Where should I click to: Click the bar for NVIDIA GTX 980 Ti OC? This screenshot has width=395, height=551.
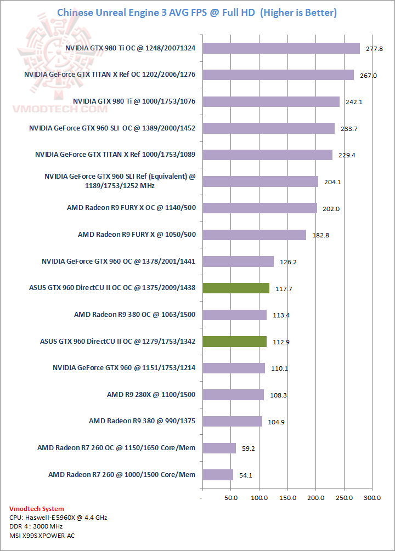(x=281, y=48)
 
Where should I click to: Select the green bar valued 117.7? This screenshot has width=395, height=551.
(x=236, y=288)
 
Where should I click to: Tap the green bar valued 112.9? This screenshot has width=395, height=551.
(x=234, y=341)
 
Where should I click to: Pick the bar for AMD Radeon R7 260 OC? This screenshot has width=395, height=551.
(x=219, y=448)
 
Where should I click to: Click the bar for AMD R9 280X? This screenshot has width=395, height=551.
(x=233, y=394)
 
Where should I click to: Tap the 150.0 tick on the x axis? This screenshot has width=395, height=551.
(x=287, y=497)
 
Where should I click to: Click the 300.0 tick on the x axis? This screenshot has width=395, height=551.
(x=373, y=497)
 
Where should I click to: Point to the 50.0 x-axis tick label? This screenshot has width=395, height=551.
(x=230, y=497)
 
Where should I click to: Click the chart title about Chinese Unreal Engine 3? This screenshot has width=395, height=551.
(x=197, y=12)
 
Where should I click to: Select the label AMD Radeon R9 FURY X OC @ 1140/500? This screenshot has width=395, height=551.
(x=131, y=208)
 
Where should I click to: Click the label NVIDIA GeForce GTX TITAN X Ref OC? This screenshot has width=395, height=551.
(x=110, y=75)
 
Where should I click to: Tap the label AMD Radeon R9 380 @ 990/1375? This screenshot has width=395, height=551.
(x=142, y=421)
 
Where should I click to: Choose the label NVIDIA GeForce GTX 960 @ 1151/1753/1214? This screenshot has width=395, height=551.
(x=124, y=368)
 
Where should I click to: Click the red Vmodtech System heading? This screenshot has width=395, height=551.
(x=37, y=509)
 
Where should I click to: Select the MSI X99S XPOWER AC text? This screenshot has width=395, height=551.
(x=42, y=536)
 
